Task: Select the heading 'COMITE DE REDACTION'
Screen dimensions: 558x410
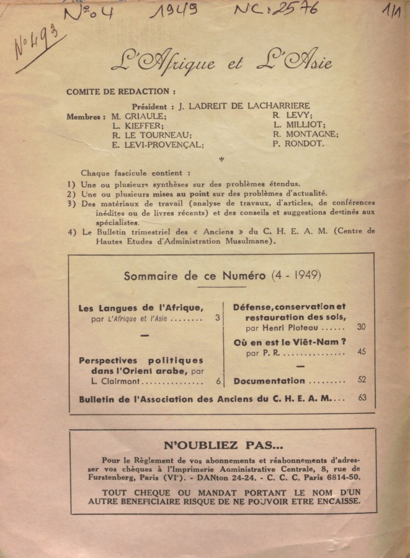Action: click(125, 92)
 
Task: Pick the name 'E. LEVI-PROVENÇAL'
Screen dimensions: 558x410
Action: click(158, 145)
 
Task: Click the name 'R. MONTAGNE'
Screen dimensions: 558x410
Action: click(305, 134)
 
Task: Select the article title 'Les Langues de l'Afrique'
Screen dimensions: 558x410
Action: click(141, 308)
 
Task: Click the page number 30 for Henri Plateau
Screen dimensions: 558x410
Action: click(362, 327)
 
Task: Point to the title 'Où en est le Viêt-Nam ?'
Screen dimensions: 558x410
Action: click(289, 342)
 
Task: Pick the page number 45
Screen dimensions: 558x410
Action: click(362, 352)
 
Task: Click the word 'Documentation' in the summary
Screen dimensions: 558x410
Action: click(269, 381)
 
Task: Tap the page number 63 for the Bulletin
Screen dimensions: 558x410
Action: click(362, 398)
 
